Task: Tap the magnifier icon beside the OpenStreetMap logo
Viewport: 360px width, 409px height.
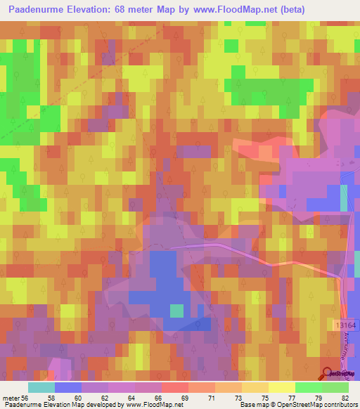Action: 327,374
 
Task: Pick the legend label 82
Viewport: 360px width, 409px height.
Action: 345,398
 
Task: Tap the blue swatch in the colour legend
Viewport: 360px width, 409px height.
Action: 67,387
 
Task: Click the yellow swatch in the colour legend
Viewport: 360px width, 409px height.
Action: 281,387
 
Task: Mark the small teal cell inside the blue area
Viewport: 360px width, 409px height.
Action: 176,310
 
